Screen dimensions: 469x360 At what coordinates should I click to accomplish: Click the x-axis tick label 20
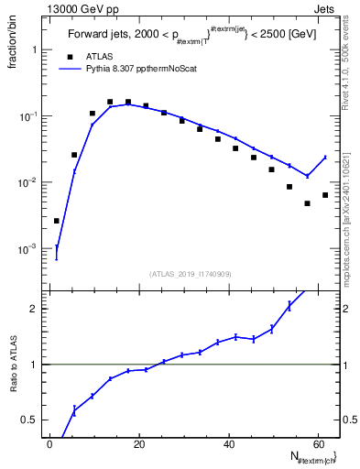tap(138, 444)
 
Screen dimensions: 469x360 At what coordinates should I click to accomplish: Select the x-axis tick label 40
tap(228, 444)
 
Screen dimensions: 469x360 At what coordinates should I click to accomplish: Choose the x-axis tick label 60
tap(318, 444)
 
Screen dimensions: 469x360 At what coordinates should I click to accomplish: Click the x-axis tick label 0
tap(49, 444)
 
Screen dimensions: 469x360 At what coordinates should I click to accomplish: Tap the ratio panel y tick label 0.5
tap(27, 420)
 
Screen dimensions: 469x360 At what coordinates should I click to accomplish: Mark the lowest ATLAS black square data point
tap(56, 221)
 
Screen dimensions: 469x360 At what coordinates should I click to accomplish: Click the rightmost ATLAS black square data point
tap(325, 195)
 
